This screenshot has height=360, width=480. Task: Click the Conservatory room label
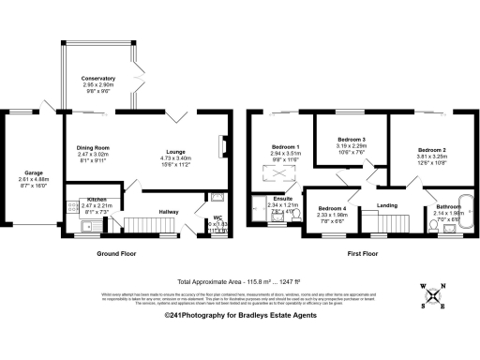point(97,78)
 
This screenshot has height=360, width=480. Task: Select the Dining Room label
point(93,147)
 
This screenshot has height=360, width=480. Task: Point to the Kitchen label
point(97,200)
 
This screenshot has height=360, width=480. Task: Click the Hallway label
point(169,212)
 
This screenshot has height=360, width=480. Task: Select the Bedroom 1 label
point(285,148)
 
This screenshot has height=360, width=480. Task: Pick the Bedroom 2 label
point(431,150)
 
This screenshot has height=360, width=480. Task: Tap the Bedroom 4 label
point(331,208)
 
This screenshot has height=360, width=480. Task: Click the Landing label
point(387,204)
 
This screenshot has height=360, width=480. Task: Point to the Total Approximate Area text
point(239,280)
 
